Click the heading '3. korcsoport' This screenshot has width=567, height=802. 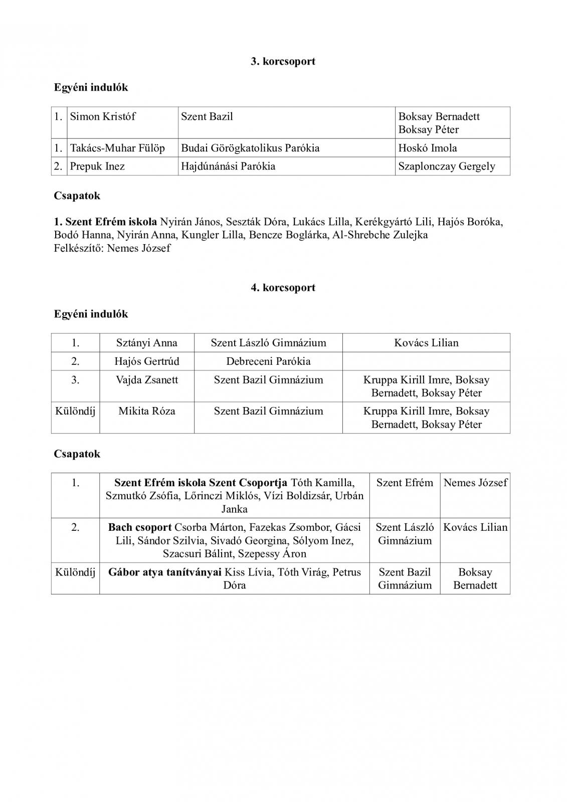283,62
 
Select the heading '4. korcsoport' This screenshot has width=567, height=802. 283,288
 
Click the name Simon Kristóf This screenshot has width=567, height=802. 103,117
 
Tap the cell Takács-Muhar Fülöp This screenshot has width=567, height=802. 117,148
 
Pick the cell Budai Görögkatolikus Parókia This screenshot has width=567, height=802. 250,148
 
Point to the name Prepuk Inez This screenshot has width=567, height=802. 97,166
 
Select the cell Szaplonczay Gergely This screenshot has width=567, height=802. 447,166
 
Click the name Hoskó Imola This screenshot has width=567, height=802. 427,148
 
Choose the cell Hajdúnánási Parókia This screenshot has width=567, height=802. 228,166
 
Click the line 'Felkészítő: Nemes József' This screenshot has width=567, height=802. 112,248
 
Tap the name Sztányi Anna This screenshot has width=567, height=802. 146,343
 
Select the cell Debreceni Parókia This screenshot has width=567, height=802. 268,361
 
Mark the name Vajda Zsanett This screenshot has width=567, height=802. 146,380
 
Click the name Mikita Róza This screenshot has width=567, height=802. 146,412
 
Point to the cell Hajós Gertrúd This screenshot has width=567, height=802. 146,361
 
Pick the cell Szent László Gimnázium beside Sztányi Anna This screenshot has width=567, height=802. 268,343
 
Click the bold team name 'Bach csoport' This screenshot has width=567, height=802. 140,527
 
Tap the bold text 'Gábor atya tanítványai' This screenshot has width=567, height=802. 165,572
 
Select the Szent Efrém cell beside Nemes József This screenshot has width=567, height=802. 405,483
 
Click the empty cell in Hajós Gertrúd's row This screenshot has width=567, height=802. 426,361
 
